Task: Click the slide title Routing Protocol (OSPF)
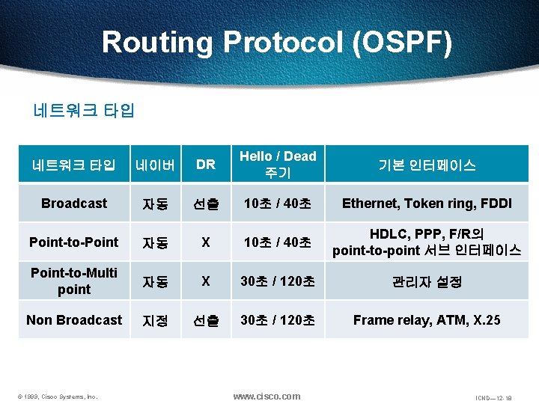coord(277,42)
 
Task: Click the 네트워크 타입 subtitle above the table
coord(84,111)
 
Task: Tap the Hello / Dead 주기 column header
coord(278,165)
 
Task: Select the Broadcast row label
coord(74,203)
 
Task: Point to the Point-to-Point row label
coord(73,242)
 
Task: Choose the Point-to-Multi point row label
coord(73,281)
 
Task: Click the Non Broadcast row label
coord(73,320)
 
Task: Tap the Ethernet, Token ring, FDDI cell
coord(427,203)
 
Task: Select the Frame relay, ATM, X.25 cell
coord(427,320)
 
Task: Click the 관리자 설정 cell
coord(427,282)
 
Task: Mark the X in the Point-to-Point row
coord(205,242)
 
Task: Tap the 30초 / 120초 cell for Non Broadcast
coord(278,320)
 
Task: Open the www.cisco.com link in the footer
coord(267,396)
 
